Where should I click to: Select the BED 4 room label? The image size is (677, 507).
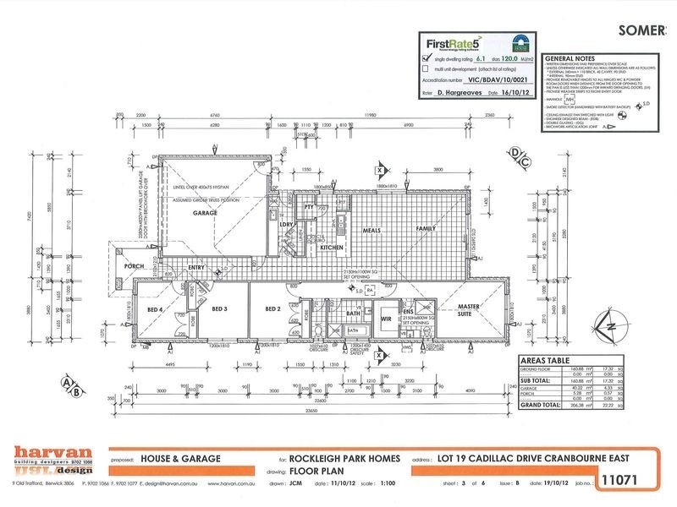pyautogui.click(x=155, y=309)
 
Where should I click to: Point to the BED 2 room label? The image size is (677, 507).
pyautogui.click(x=272, y=309)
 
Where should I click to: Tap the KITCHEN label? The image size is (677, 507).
pyautogui.click(x=330, y=247)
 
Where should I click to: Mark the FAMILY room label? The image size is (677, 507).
pyautogui.click(x=424, y=229)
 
